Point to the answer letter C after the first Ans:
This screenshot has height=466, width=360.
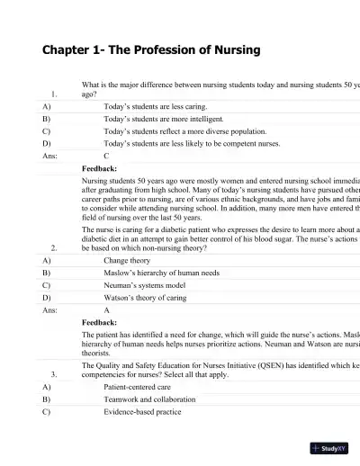click(107, 156)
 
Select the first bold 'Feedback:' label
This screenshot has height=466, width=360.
click(99, 168)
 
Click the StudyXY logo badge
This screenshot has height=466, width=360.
click(329, 448)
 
